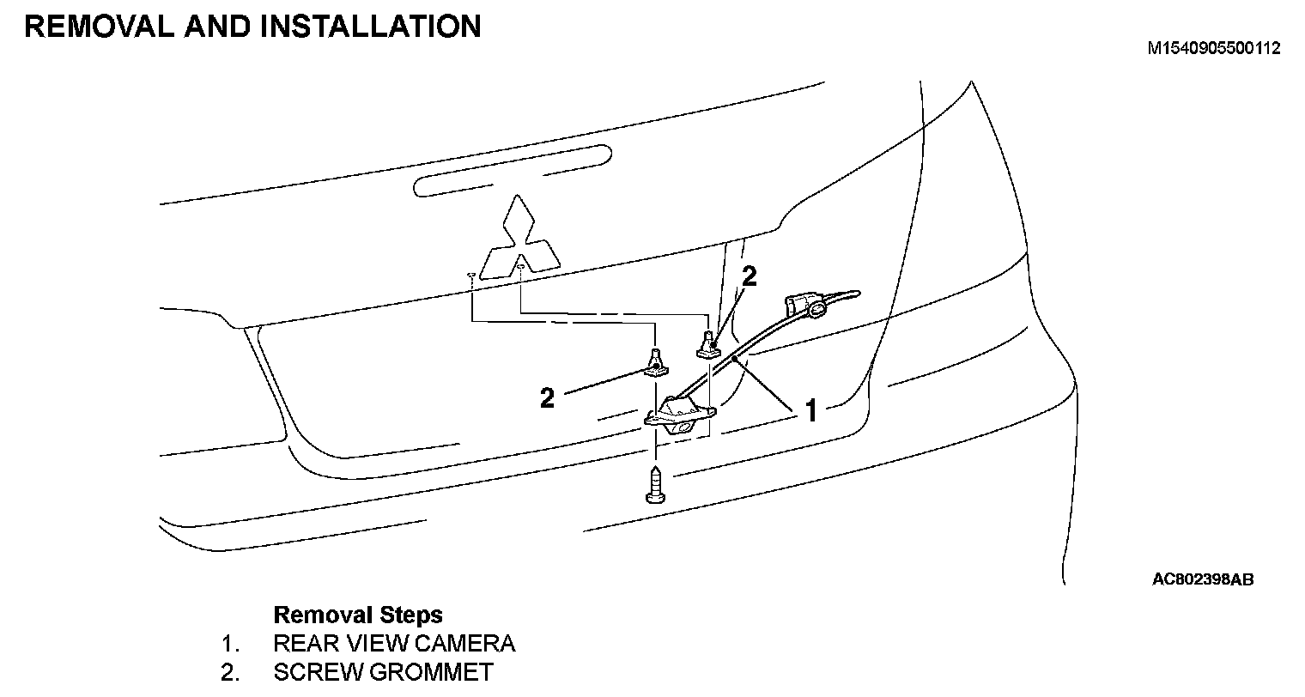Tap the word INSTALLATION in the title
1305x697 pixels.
(x=369, y=27)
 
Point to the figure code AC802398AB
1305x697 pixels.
(x=1202, y=580)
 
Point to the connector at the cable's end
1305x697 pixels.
(x=802, y=306)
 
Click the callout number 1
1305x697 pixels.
(x=810, y=410)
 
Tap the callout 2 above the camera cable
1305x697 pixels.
(x=749, y=276)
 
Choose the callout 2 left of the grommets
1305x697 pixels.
(x=547, y=397)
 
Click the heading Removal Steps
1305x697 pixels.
(x=358, y=615)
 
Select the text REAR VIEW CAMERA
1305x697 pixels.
(x=394, y=643)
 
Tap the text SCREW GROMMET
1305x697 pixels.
(x=383, y=672)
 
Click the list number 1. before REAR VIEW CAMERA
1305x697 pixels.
(x=228, y=643)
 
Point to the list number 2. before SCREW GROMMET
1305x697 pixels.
(x=228, y=672)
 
